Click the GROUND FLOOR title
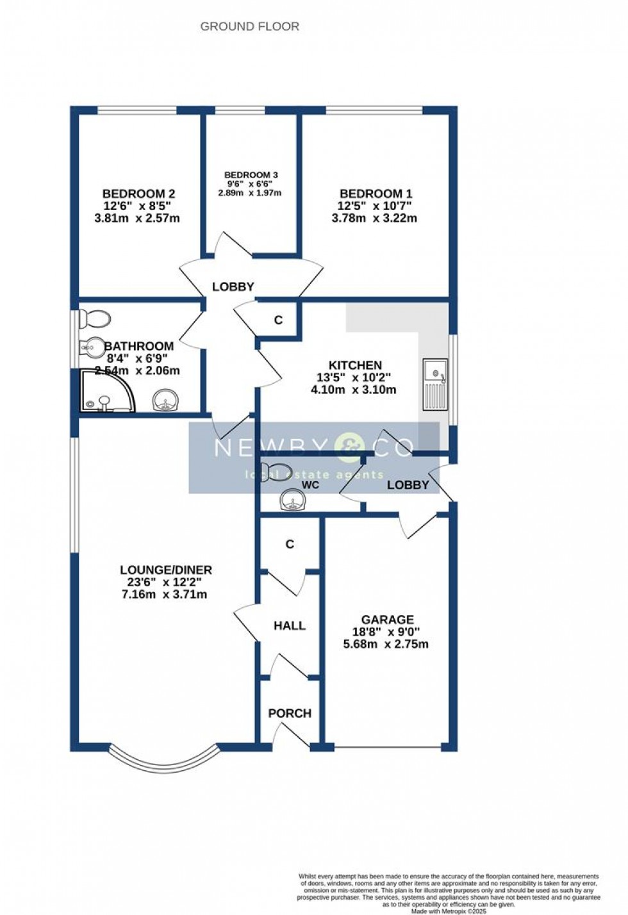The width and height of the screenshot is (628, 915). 249,26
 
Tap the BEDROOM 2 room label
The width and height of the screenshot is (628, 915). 139,194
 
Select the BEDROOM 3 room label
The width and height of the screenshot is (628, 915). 251,175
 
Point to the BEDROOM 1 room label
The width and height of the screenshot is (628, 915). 376,194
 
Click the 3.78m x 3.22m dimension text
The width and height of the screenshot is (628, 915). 374,218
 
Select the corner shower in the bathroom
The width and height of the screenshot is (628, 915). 106,390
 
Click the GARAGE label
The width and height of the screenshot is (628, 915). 387,620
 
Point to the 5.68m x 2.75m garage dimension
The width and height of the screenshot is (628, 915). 386,644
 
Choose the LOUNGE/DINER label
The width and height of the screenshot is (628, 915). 166,570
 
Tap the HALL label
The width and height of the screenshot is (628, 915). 290,625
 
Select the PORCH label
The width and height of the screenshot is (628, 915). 290,713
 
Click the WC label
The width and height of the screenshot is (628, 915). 310,486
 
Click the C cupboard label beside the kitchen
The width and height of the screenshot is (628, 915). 279,320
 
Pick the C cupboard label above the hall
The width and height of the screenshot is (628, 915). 290,544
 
